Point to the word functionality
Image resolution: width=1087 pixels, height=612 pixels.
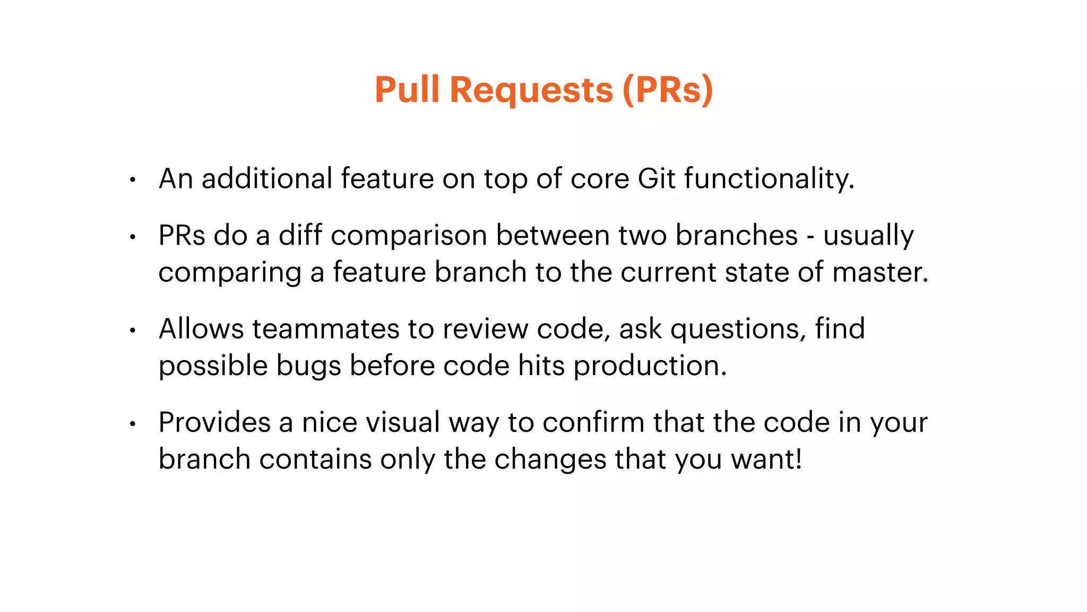[769, 178]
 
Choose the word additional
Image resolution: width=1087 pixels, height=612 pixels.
[267, 178]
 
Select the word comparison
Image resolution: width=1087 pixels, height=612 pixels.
[409, 236]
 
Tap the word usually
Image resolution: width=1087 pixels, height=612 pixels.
[868, 236]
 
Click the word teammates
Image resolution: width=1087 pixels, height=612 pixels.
[325, 329]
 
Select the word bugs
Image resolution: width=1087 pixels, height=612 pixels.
[308, 367]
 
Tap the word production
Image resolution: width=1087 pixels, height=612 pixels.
[650, 367]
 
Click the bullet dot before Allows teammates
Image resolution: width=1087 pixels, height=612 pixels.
[133, 330]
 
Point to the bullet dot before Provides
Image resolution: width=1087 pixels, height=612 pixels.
[133, 424]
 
